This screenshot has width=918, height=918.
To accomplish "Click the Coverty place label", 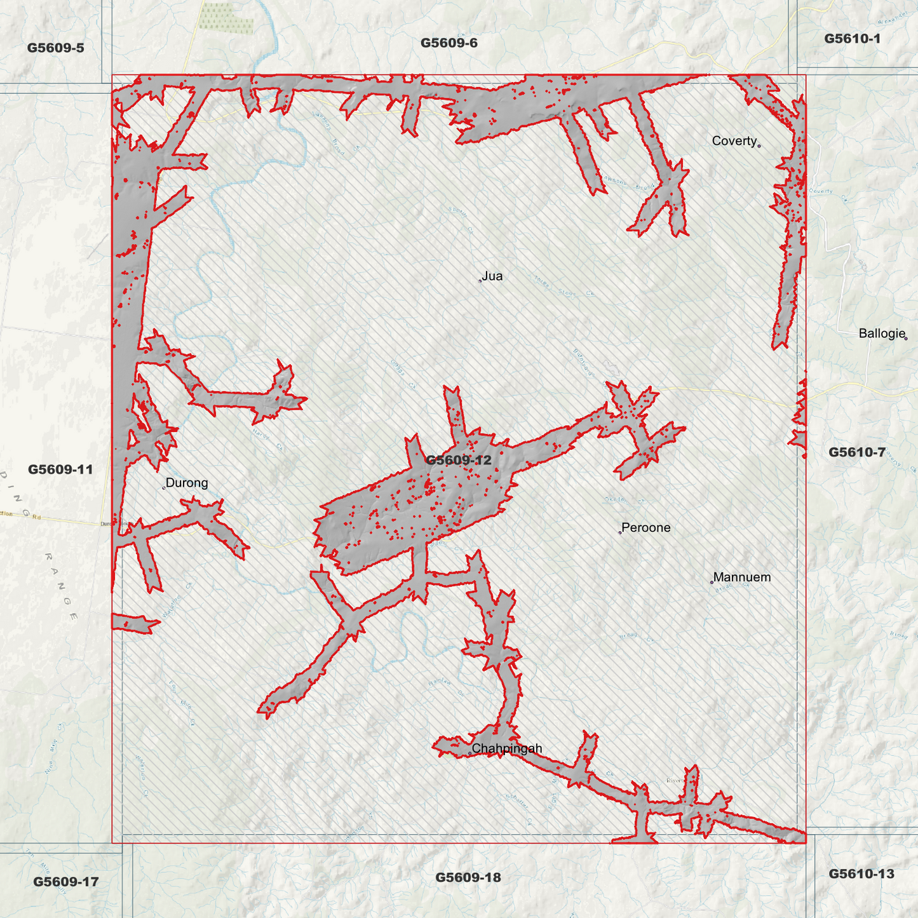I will pos(734,141).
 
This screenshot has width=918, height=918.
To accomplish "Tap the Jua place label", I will pos(492,276).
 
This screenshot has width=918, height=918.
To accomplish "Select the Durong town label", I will pos(186,483).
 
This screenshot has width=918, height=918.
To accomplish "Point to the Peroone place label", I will pos(645,528).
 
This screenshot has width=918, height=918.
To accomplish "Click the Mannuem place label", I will pos(741,577).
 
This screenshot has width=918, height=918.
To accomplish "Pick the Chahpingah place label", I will pos(506,748).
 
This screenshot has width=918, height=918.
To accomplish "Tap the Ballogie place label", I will pos(881,334).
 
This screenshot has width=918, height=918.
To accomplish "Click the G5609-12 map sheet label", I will pos(458,460).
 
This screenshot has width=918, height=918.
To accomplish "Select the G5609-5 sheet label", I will pos(55,48).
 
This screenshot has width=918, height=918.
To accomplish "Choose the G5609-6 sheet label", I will pos(449,43).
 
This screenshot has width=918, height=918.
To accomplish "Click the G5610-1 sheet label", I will pos(852,39).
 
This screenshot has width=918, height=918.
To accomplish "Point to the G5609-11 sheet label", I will pos(60,469).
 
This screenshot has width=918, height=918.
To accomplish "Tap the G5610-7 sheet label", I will pos(856,452).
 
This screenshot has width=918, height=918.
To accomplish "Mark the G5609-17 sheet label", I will pos(65,882).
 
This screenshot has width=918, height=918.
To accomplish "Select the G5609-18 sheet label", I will pos(468,878).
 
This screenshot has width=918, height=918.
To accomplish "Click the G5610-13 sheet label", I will pos(861,874).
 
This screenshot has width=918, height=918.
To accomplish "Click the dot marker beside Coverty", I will pos(759,146).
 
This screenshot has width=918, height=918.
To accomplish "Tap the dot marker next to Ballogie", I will pos(906,339).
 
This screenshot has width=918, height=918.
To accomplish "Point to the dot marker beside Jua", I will pos(480,280).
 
